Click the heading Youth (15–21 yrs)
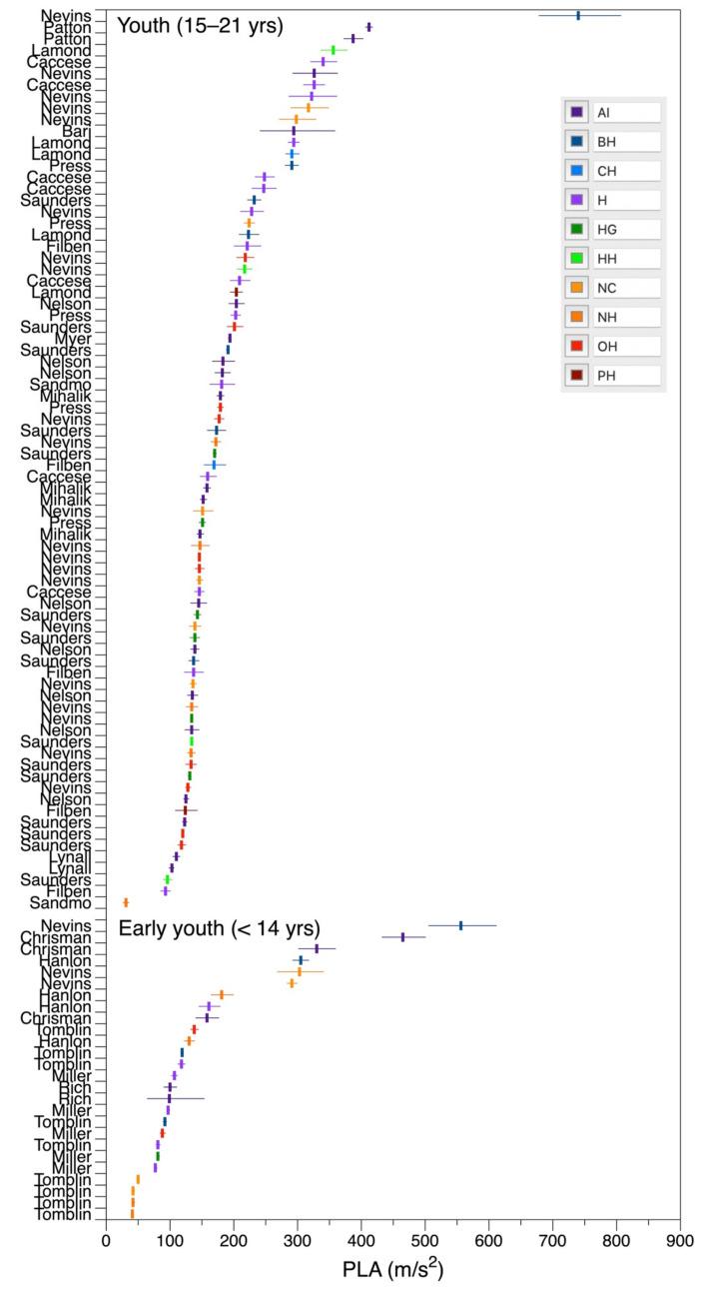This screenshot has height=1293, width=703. [200, 26]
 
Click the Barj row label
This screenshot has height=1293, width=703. [76, 131]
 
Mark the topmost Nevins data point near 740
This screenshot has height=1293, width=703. [578, 15]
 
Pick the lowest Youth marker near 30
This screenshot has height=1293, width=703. [126, 902]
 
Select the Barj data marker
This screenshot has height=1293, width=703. [294, 131]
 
